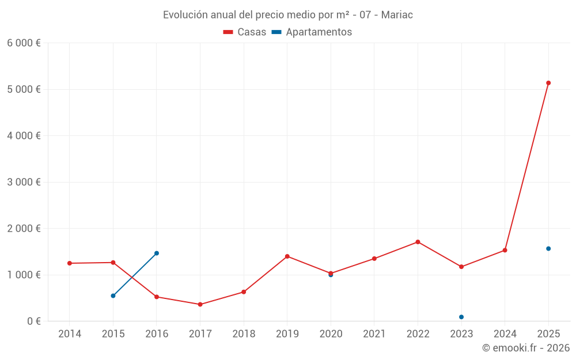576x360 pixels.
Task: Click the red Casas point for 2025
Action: (x=548, y=83)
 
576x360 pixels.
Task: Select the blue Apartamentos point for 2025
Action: (x=548, y=249)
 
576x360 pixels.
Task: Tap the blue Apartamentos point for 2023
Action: (x=461, y=317)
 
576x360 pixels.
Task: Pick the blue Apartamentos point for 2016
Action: (x=157, y=253)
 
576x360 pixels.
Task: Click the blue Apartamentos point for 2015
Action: (x=113, y=296)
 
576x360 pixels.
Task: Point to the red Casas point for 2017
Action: (x=200, y=304)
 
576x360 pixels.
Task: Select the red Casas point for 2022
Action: (x=418, y=242)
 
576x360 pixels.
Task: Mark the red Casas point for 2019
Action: (x=287, y=256)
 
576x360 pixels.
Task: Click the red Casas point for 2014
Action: (x=70, y=263)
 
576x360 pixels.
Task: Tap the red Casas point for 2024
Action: (x=505, y=250)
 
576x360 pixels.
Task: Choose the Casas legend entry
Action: (x=245, y=32)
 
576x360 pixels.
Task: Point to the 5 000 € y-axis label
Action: (x=24, y=89)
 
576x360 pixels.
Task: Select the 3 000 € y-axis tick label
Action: (x=24, y=182)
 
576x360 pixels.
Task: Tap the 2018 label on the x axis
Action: (x=244, y=334)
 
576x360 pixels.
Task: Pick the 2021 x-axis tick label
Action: (x=374, y=334)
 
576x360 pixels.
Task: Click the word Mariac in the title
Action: (x=397, y=15)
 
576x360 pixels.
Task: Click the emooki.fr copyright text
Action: (x=525, y=348)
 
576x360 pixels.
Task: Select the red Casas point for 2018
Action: (x=244, y=292)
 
